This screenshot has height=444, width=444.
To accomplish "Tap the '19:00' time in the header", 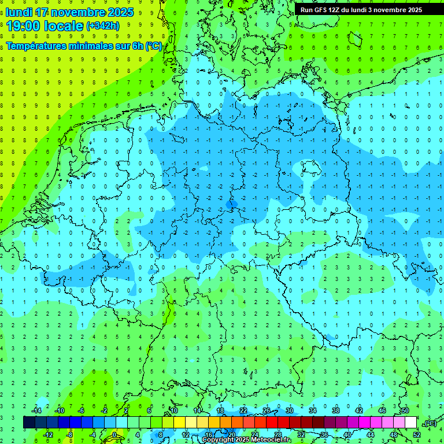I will pos(23,25).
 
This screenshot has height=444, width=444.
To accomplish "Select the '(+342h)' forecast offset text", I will pos(103,26).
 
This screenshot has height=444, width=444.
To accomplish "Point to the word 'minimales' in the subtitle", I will pos(98,46).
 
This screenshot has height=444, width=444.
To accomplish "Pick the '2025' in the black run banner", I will pos(412,10).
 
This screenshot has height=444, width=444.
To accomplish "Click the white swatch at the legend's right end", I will pos(410,422).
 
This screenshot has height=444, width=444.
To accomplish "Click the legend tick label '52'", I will pos(417,434).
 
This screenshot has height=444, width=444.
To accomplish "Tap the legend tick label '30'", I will pos(289,410).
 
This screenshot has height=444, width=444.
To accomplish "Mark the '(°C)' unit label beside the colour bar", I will pos(430,423).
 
